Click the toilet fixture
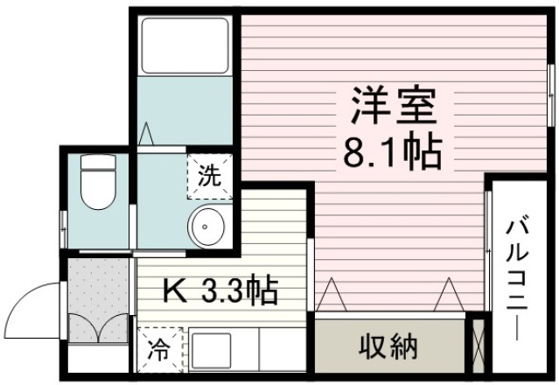(x=97, y=180)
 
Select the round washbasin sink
(x=207, y=227)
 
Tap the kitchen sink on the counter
(x=211, y=351)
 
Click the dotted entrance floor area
(x=98, y=284)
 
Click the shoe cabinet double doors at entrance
(x=98, y=326)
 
